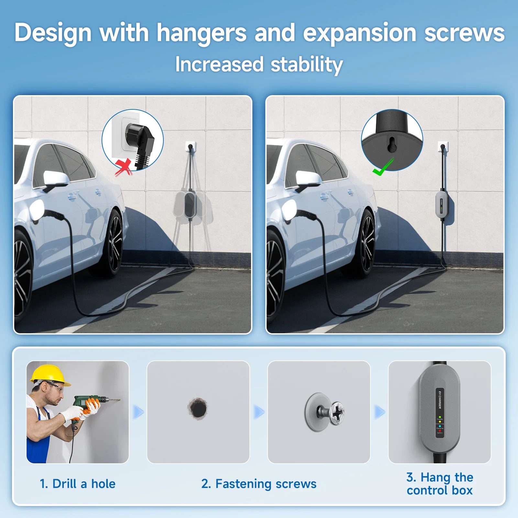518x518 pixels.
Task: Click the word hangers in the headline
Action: [201, 33]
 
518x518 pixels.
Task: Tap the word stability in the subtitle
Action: [306, 64]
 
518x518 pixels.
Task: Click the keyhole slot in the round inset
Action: [392, 145]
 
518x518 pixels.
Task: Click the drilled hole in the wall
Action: [198, 409]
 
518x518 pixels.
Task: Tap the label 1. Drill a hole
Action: [78, 484]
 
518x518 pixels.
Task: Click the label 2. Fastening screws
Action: [259, 484]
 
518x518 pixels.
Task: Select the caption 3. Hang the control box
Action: [440, 484]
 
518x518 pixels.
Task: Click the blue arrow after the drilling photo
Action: [138, 412]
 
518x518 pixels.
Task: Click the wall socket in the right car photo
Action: [442, 147]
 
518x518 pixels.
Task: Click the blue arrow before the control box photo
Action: [380, 412]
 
